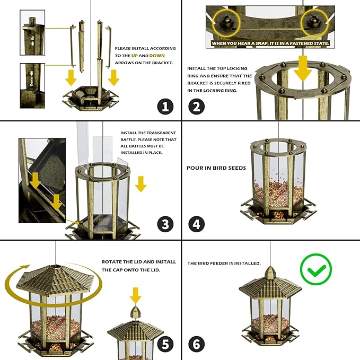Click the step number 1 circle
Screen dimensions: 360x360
pyautogui.click(x=165, y=107)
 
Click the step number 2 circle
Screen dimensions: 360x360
pyautogui.click(x=197, y=107)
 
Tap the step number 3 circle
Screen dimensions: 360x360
pyautogui.click(x=165, y=224)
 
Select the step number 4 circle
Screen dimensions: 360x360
pyautogui.click(x=197, y=224)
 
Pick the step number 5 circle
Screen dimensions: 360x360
pyautogui.click(x=165, y=344)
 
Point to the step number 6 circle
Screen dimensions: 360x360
pyautogui.click(x=197, y=344)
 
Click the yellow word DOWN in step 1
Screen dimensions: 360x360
pyautogui.click(x=157, y=55)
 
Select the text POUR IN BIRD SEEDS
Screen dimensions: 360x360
pyautogui.click(x=216, y=168)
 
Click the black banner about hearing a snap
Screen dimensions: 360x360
pyautogui.click(x=270, y=42)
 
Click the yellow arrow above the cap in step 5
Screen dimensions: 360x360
pyautogui.click(x=136, y=295)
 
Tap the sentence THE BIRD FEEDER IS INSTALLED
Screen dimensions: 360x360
pyautogui.click(x=224, y=263)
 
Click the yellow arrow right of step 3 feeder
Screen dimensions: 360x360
pyautogui.click(x=141, y=184)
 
